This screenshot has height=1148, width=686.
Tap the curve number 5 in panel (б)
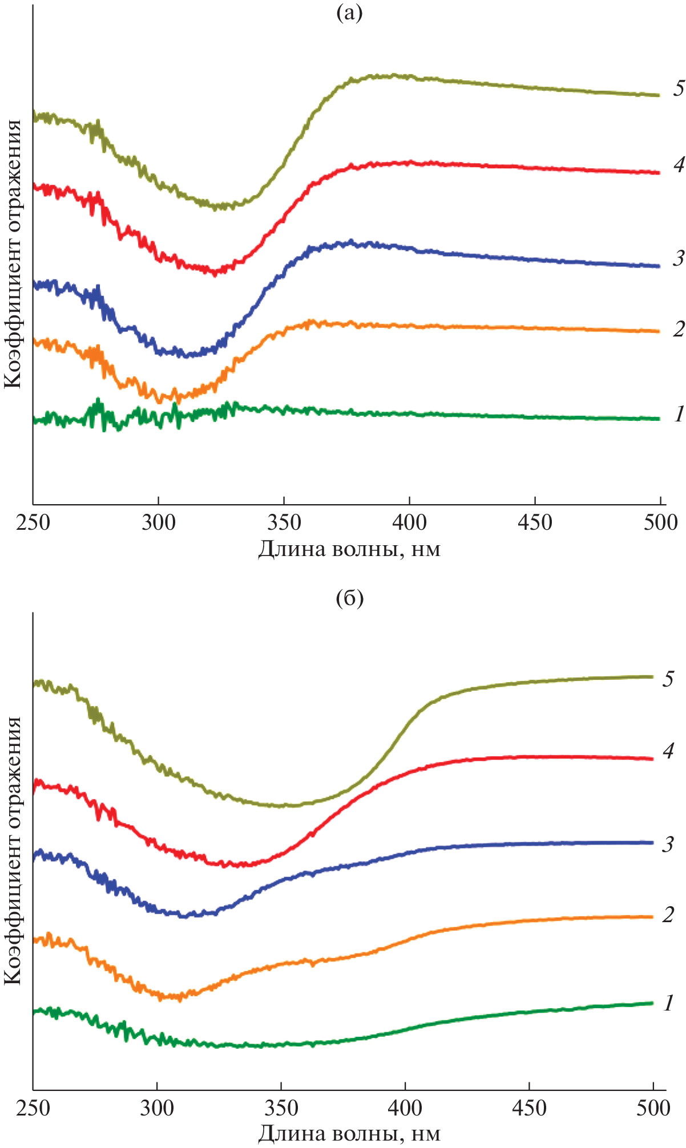tap(668, 679)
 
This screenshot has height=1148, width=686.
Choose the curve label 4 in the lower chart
tap(668, 751)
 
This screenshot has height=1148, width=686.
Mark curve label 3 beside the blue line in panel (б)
tap(668, 844)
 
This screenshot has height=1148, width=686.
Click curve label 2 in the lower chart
tap(668, 915)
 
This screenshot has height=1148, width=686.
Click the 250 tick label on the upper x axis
tap(33, 522)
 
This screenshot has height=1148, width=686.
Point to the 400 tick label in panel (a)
tap(409, 522)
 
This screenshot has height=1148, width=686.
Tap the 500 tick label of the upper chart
tap(660, 522)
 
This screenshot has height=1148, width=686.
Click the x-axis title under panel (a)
tap(349, 549)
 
